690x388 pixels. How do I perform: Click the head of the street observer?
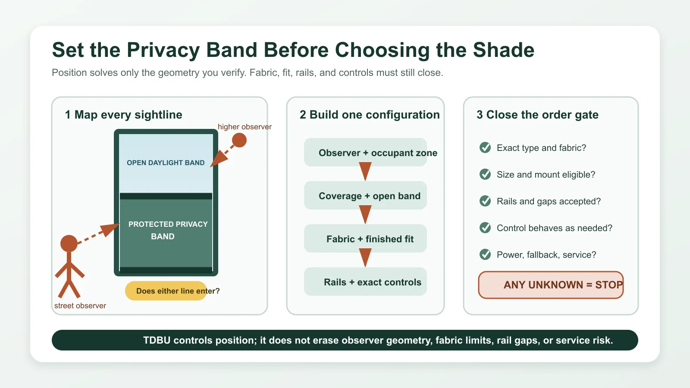[69, 244]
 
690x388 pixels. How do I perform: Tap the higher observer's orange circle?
[239, 140]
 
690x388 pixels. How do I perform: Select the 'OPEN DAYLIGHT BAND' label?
[166, 163]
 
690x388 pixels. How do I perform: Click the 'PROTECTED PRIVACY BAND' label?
[168, 230]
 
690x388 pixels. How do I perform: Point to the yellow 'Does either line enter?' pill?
[166, 291]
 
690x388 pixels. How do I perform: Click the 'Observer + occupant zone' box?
[365, 152]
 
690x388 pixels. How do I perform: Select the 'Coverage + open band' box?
[365, 195]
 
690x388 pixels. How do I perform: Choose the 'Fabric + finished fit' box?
[365, 238]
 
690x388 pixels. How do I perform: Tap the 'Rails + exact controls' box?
[365, 282]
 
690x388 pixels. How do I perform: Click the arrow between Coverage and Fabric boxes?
[365, 214]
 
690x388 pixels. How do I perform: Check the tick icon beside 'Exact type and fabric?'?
[485, 147]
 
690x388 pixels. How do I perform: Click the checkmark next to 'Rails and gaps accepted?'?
[485, 201]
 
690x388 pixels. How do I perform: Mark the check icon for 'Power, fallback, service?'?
[485, 254]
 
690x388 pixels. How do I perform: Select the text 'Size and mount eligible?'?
[546, 175]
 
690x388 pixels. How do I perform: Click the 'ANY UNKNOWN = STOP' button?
[551, 285]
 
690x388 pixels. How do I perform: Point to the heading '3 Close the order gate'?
[537, 115]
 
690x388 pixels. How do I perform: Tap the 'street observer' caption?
[80, 306]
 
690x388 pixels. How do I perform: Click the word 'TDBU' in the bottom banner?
[157, 340]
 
